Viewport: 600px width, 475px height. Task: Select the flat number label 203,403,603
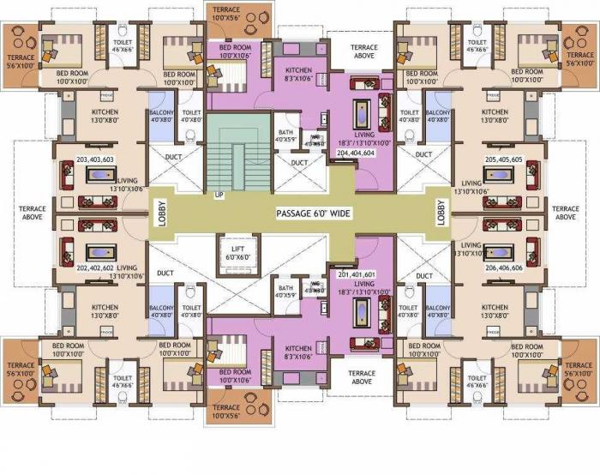coord(94,159)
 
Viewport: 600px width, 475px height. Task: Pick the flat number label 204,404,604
coord(357,151)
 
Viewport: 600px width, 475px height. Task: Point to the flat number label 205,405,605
coord(505,159)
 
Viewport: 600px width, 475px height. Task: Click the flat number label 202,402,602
coord(95,268)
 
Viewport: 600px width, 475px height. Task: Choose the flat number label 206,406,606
coord(505,268)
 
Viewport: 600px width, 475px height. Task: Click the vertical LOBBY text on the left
coord(160,213)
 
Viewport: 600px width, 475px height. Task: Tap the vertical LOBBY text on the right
coord(441,213)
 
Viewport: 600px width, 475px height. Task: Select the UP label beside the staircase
coord(219,195)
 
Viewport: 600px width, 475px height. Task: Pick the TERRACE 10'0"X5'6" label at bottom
coord(226,412)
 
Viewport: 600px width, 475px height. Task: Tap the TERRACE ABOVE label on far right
coord(567,213)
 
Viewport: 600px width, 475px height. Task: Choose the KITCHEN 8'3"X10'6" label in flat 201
coord(298,352)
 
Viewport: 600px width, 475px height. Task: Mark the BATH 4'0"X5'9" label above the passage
coord(285,135)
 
